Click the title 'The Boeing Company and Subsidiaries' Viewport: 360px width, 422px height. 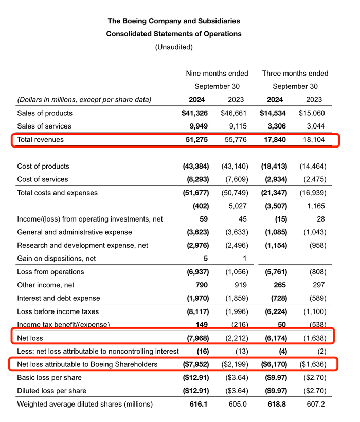pos(174,21)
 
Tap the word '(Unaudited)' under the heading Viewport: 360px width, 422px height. pos(174,47)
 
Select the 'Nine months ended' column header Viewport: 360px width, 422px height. pos(217,73)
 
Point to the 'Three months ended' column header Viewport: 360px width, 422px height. pos(295,73)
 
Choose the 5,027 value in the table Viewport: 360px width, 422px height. pos(235,206)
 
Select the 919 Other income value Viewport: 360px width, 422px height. pos(236,285)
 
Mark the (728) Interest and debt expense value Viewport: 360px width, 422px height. pos(277,298)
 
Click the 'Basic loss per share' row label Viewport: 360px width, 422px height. pos(50,377)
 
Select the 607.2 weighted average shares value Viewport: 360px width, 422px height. pos(314,404)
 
